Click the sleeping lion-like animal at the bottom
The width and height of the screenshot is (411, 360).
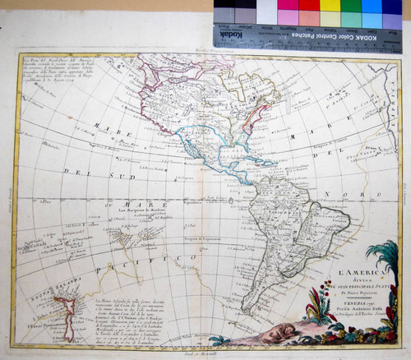coord(275,333)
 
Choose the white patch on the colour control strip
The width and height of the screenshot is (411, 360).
coord(268,12)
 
